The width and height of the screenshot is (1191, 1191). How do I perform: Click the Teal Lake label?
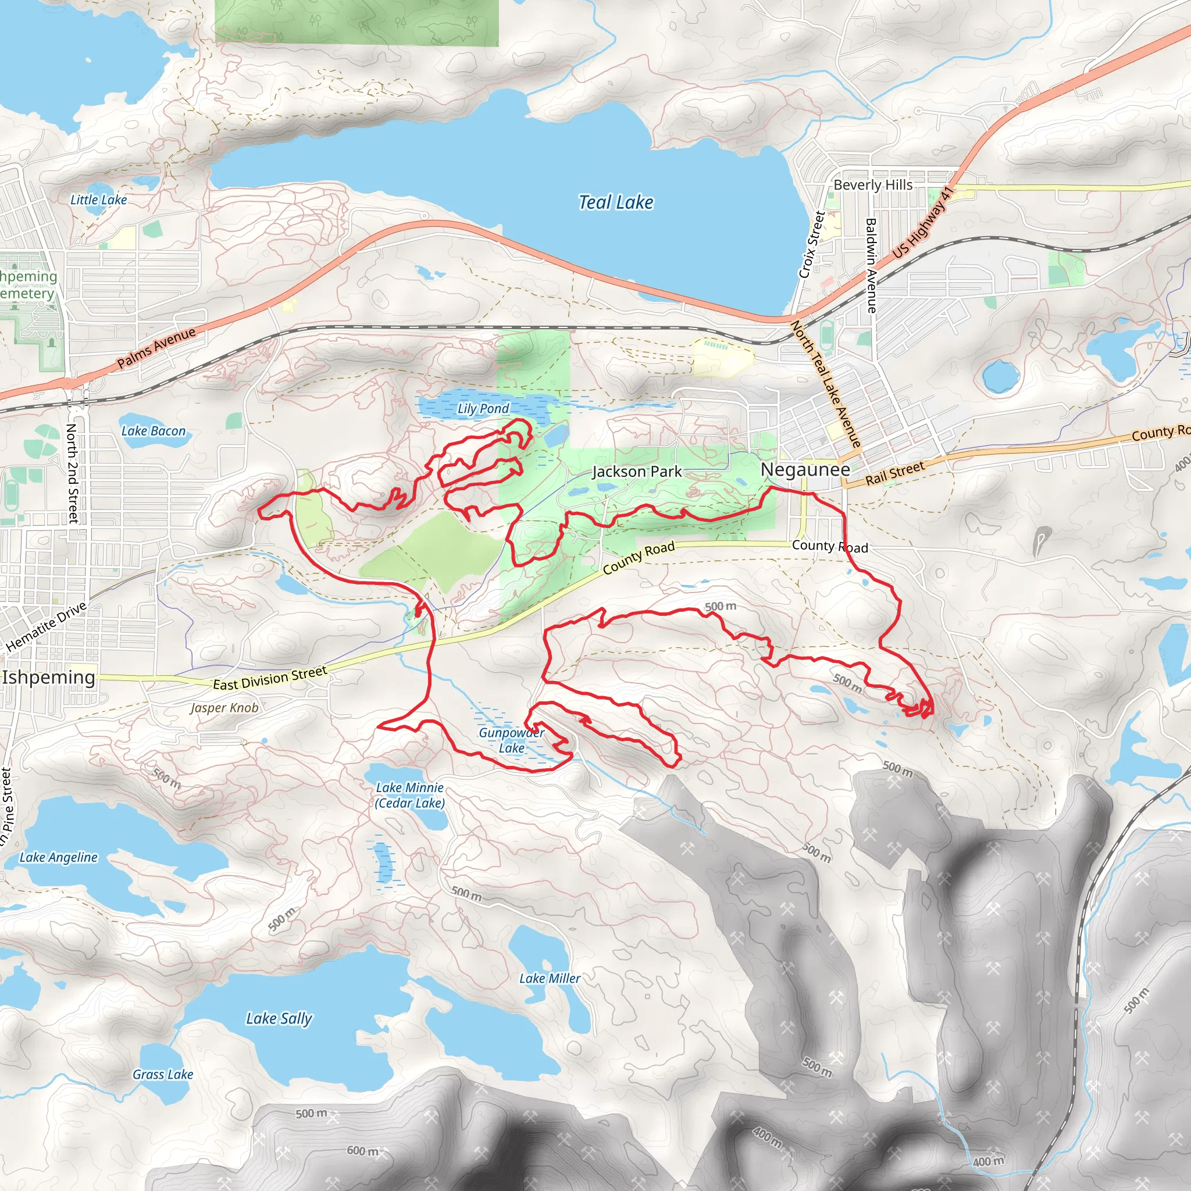coord(615,202)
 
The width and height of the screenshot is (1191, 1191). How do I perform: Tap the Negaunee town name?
coord(804,469)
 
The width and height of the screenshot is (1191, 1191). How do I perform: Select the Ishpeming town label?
coord(49,677)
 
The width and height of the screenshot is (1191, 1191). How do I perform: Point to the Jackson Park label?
coord(637,472)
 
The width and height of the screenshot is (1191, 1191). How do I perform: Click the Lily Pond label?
coord(483,408)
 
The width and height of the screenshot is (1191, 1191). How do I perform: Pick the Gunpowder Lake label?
coord(511,740)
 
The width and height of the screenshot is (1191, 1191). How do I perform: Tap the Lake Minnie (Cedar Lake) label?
coord(410,795)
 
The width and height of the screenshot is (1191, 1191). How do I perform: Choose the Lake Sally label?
coord(279,1018)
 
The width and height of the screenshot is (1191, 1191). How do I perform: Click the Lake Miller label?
coord(549,978)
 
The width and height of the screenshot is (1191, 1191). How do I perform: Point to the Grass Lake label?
coord(163,1075)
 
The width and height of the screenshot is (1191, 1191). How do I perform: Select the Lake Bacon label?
coord(153,431)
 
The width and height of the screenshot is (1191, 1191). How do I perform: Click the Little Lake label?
coord(99,199)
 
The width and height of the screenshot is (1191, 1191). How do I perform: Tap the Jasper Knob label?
coord(224,708)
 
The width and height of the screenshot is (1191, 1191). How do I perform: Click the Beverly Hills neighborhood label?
coord(872,185)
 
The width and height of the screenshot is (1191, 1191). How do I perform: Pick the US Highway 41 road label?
coord(922,222)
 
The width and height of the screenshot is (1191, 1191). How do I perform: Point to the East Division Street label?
coord(269,678)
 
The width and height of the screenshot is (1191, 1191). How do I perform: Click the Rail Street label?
coord(894,473)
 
